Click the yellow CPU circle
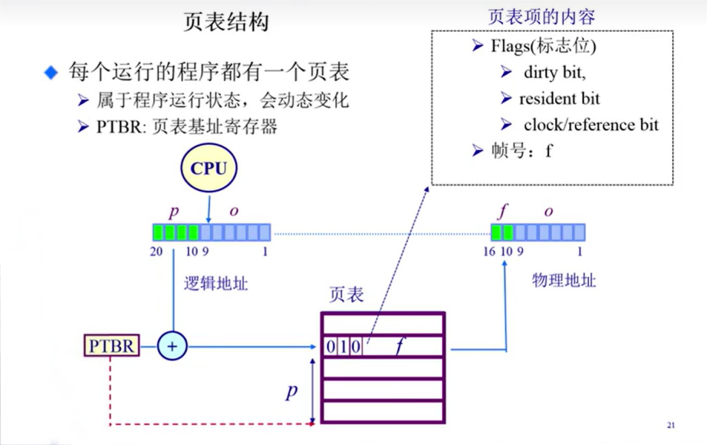click(209, 168)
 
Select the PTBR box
click(112, 346)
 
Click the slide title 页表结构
click(226, 23)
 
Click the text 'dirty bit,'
click(554, 72)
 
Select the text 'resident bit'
click(559, 99)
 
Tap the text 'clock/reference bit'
click(591, 124)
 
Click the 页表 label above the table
click(346, 295)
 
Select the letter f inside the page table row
click(400, 347)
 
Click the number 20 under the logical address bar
click(157, 251)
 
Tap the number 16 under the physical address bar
click(489, 251)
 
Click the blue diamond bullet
click(51, 72)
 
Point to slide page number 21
click(671, 425)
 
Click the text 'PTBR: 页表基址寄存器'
click(187, 127)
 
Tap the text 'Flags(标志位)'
click(543, 46)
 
